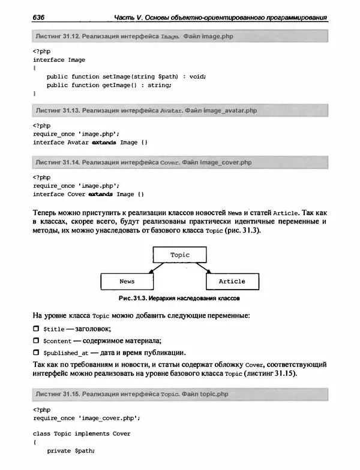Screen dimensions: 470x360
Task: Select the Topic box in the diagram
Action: tap(179, 255)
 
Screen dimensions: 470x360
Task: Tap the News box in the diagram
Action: tap(127, 281)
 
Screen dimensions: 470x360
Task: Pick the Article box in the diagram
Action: tap(232, 281)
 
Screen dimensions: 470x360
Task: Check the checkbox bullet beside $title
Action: tap(36, 329)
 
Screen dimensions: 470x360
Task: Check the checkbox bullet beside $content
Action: tap(36, 341)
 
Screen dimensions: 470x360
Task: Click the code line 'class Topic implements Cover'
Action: tap(82, 433)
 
